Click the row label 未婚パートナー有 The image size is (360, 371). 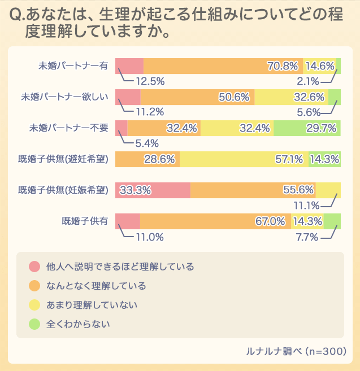[x=72, y=66]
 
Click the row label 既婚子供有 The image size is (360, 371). [x=85, y=221]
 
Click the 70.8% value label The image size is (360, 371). [x=283, y=66]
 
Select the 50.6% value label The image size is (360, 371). [x=234, y=97]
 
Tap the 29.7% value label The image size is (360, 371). [x=322, y=128]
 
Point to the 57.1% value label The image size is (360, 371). [x=290, y=159]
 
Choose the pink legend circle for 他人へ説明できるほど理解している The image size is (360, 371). [x=34, y=266]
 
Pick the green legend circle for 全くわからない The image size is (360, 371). [x=34, y=324]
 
